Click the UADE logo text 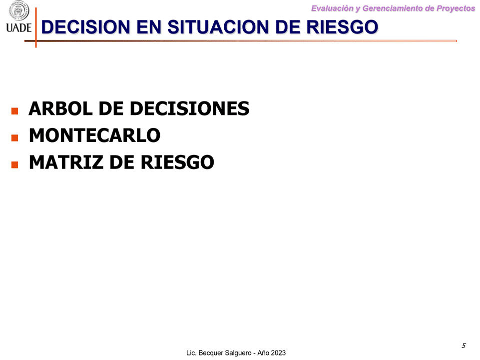click(18, 27)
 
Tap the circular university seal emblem click(18, 11)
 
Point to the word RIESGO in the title click(342, 26)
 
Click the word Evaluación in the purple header click(332, 8)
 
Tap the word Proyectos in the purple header click(456, 8)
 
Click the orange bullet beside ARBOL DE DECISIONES click(14, 110)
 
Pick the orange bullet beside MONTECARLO click(14, 137)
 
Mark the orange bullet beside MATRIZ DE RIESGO click(14, 164)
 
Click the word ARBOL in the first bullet click(60, 108)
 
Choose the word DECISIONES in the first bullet click(189, 108)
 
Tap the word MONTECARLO click(94, 135)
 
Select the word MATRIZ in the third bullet click(66, 162)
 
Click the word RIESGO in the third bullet click(177, 162)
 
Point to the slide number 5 click(464, 345)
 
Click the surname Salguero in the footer click(238, 353)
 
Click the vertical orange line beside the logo click(36, 27)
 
